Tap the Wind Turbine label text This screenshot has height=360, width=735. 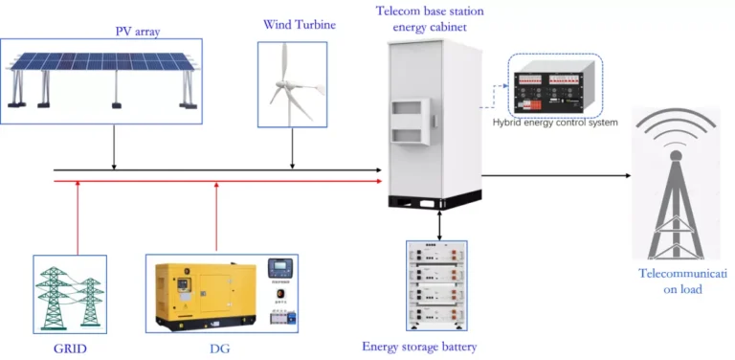[300, 23]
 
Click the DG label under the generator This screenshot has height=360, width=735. [220, 346]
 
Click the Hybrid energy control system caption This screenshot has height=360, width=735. [555, 123]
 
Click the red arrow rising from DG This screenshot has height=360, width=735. [219, 215]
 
